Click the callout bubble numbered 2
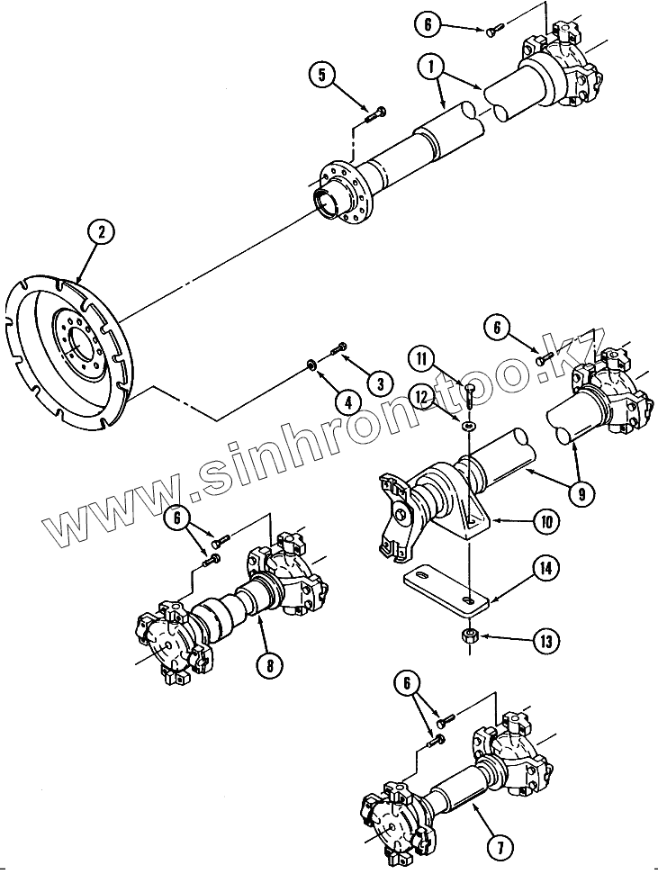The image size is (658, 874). [x=101, y=232]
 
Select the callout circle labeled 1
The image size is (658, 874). [x=431, y=67]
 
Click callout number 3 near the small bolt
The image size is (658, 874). [x=380, y=383]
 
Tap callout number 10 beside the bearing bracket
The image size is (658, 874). [x=545, y=521]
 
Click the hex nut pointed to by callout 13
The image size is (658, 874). [x=469, y=636]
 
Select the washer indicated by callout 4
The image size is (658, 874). [x=311, y=365]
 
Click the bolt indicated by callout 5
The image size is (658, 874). [x=375, y=113]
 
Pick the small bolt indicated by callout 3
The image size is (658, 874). [x=339, y=347]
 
